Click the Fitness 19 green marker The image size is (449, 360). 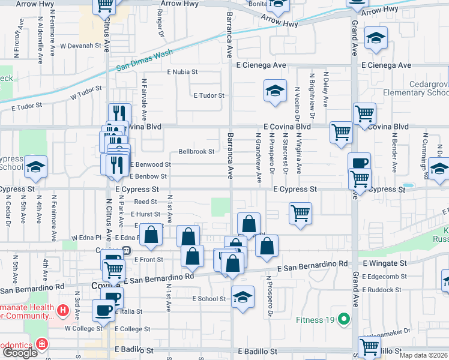(343, 319)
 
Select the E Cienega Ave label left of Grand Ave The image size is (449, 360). (261, 65)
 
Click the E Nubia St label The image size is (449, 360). (182, 71)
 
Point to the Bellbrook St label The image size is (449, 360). (196, 152)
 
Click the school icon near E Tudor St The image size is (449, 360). (276, 91)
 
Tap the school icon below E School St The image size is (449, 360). (242, 297)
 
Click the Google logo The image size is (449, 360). (20, 353)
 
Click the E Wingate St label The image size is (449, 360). (384, 263)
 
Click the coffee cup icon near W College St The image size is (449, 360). (103, 310)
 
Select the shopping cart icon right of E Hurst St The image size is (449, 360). (300, 212)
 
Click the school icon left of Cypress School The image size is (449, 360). (35, 167)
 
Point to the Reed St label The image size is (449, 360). (145, 202)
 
